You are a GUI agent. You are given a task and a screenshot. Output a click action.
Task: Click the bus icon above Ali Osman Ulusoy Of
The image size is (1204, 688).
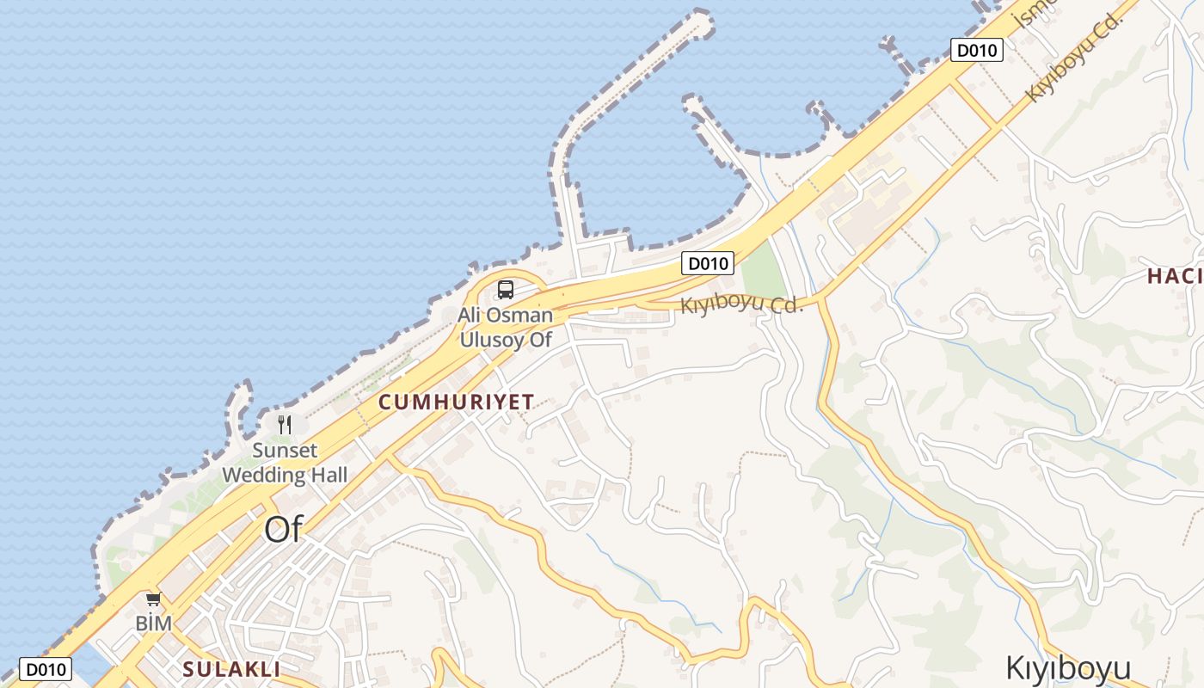506,290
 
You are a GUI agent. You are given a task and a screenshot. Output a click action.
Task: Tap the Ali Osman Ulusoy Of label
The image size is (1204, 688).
505,327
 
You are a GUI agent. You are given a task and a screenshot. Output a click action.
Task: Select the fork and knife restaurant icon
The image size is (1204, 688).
285,425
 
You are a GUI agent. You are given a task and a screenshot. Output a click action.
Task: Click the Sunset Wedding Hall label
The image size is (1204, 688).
285,463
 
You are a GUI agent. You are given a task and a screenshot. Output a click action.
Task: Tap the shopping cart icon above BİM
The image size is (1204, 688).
153,599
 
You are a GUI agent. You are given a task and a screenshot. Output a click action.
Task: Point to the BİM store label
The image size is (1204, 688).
154,623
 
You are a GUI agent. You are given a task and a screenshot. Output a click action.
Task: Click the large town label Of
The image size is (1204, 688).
284,530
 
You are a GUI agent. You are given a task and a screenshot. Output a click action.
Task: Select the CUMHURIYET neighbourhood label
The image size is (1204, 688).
456,402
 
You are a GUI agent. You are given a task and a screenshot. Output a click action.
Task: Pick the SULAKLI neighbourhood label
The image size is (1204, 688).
231,669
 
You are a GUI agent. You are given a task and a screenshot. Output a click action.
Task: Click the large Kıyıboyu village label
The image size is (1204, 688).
1067,667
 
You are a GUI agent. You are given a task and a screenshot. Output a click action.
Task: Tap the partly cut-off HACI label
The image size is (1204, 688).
1175,276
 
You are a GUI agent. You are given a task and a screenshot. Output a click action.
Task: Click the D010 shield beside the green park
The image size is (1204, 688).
707,263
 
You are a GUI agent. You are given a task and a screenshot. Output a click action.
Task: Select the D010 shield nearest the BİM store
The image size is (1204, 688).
45,669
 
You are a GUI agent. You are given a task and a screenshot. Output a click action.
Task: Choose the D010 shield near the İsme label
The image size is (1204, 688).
977,50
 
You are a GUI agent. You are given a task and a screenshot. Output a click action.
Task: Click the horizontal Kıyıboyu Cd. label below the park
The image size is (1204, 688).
741,304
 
